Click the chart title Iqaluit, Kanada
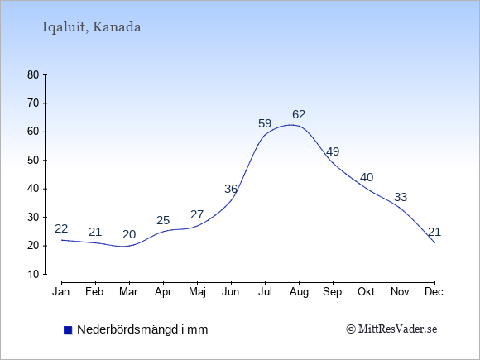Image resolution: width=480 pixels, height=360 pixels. [91, 27]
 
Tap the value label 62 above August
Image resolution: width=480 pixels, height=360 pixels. [299, 114]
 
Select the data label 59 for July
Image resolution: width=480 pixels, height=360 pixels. [265, 123]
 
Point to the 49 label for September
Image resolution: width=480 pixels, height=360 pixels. [333, 151]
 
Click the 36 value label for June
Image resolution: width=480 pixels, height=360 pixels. [231, 189]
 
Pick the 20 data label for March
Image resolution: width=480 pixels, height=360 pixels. [129, 234]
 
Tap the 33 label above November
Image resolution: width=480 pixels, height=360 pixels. [401, 197]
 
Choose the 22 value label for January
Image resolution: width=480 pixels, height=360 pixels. [61, 228]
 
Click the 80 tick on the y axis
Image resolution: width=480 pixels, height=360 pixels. [33, 75]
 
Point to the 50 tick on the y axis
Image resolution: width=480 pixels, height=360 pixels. [33, 161]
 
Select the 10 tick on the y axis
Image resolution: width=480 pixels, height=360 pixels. [33, 274]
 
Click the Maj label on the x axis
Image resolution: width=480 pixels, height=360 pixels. [197, 292]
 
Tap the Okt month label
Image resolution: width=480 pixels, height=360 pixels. [367, 292]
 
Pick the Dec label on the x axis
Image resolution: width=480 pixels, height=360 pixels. [434, 292]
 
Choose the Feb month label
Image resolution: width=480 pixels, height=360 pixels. [94, 292]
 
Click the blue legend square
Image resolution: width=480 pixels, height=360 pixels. [68, 330]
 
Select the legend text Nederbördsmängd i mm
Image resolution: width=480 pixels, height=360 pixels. [142, 329]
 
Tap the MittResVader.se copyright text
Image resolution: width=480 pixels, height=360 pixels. [391, 329]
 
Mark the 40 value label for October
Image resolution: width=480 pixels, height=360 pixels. [367, 177]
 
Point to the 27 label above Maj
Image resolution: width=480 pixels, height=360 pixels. [197, 214]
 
